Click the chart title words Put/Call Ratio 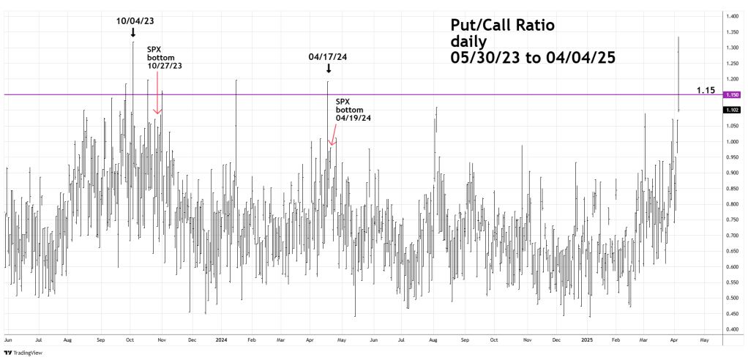[x=502, y=26]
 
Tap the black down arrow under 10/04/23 [x=132, y=33]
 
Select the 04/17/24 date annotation [x=328, y=56]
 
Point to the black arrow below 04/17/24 [x=328, y=69]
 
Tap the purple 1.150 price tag [x=733, y=95]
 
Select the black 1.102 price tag [x=733, y=110]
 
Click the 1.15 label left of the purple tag [x=706, y=90]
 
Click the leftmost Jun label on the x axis [x=9, y=340]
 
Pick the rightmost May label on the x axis [x=705, y=340]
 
